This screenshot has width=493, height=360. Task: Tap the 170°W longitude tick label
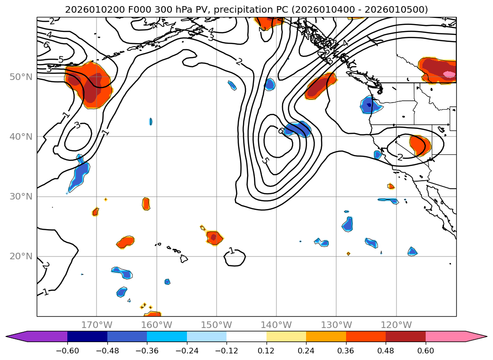tap(97, 325)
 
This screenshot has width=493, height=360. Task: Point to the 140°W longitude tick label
tap(276, 325)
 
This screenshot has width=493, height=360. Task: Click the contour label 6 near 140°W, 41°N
tap(281, 131)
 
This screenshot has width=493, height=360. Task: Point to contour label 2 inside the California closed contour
tap(400, 157)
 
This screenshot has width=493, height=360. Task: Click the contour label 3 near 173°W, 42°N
tap(77, 126)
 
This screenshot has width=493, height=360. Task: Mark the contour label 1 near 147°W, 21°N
tap(231, 251)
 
